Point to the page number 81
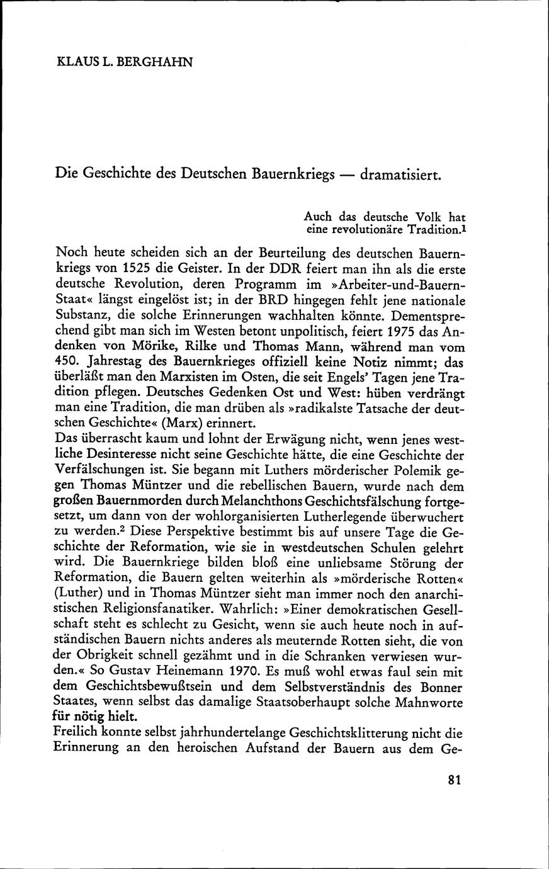click(455, 780)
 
